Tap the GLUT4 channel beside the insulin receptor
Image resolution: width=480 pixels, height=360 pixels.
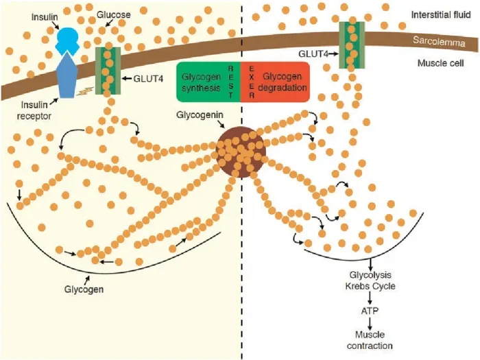(x=108, y=71)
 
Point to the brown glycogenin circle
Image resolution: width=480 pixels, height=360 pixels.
(x=241, y=152)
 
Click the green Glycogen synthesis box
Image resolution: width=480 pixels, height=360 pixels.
(x=208, y=82)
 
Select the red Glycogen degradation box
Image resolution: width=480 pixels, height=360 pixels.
(x=275, y=82)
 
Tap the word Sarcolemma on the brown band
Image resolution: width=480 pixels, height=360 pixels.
(x=439, y=41)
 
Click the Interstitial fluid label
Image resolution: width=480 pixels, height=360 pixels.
(x=441, y=14)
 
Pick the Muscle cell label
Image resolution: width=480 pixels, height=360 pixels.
(x=440, y=63)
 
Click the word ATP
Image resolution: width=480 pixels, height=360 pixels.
(x=370, y=311)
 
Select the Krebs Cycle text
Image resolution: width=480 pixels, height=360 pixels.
(x=370, y=286)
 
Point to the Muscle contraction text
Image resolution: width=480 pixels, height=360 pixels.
(x=370, y=340)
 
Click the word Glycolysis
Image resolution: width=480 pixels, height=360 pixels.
(x=370, y=274)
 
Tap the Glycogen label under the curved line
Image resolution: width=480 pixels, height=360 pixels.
(x=84, y=289)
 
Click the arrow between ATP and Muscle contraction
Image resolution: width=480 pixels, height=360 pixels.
(x=370, y=323)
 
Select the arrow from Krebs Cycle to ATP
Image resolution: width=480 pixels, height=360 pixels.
(x=370, y=298)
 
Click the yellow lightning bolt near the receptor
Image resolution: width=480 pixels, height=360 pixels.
(x=85, y=91)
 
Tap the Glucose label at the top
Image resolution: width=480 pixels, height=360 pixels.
(x=114, y=14)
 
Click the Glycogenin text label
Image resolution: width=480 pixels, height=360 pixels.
(x=200, y=115)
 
